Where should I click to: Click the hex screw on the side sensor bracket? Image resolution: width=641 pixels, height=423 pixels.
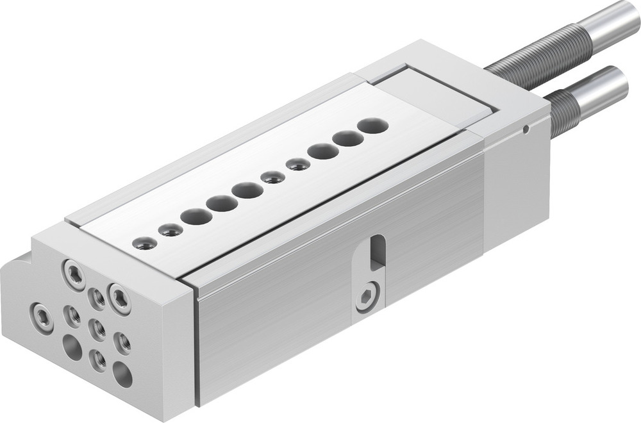[367, 297]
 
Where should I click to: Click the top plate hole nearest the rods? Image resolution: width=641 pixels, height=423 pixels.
[372, 126]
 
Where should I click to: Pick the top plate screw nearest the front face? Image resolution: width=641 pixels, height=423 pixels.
[144, 242]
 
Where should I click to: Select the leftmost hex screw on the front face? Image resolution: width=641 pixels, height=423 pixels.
[42, 316]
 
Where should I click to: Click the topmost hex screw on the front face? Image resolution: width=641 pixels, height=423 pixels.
[74, 274]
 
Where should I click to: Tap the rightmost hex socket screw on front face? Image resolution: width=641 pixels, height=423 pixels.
[119, 298]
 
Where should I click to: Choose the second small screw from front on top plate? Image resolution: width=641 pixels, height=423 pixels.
[171, 229]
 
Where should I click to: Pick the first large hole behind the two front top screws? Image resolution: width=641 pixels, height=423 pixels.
[196, 216]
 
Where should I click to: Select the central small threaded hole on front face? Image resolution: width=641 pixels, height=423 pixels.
[97, 329]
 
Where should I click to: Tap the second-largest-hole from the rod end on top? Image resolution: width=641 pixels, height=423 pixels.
[347, 138]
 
